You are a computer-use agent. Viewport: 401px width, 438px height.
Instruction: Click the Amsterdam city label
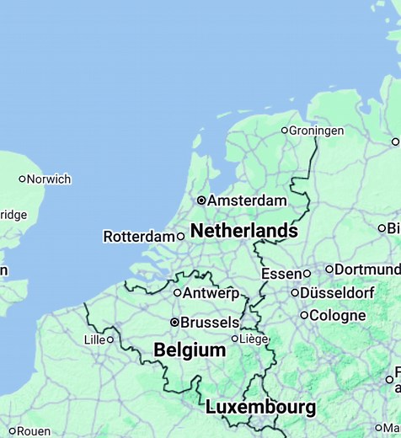pyautogui.click(x=247, y=200)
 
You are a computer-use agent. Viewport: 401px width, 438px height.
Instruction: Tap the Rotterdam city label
pyautogui.click(x=138, y=237)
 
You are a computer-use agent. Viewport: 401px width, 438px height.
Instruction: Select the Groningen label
pyautogui.click(x=316, y=131)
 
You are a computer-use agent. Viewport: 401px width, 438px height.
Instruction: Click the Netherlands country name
pyautogui.click(x=243, y=231)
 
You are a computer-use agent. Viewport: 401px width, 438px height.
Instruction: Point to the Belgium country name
pyautogui.click(x=190, y=350)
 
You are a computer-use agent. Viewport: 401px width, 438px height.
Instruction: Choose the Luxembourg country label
pyautogui.click(x=260, y=408)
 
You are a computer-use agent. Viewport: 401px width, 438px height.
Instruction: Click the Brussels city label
pyautogui.click(x=210, y=323)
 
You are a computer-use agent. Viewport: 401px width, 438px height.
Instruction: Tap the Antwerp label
pyautogui.click(x=211, y=293)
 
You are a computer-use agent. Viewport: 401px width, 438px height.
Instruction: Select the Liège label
pyautogui.click(x=254, y=339)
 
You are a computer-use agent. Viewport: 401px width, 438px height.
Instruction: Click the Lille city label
pyautogui.click(x=94, y=339)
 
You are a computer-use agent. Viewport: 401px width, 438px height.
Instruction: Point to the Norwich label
pyautogui.click(x=49, y=179)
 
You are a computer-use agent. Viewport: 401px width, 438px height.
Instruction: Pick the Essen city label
pyautogui.click(x=281, y=274)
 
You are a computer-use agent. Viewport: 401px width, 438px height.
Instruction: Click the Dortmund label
pyautogui.click(x=367, y=270)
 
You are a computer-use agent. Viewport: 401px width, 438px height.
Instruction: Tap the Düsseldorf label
pyautogui.click(x=338, y=293)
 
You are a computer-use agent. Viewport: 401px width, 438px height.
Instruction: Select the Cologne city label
pyautogui.click(x=338, y=316)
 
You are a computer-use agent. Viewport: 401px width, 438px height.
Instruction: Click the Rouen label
pyautogui.click(x=34, y=431)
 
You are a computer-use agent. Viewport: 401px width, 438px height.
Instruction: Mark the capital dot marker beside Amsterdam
pyautogui.click(x=201, y=200)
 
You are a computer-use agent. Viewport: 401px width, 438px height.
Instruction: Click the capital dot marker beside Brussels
pyautogui.click(x=174, y=322)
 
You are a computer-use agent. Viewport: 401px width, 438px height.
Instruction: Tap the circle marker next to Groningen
pyautogui.click(x=284, y=131)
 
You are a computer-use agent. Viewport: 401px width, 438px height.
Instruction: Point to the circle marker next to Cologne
pyautogui.click(x=304, y=315)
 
